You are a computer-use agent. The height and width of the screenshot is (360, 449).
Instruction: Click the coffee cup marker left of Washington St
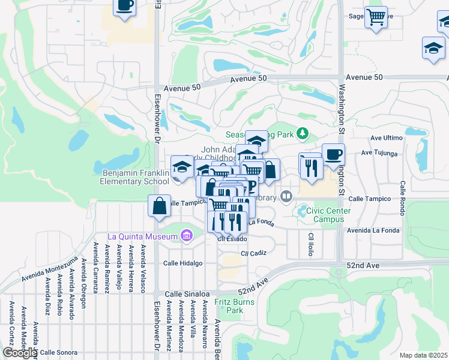click(x=333, y=154)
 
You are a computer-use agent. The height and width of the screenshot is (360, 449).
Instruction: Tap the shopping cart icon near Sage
click(x=376, y=17)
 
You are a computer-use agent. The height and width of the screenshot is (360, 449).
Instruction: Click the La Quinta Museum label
click(x=142, y=236)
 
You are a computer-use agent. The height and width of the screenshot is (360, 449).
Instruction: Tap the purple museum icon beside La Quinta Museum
click(x=186, y=236)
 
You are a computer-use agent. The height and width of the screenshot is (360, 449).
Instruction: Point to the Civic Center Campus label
click(x=325, y=215)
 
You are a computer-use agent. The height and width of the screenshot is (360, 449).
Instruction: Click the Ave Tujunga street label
click(x=379, y=154)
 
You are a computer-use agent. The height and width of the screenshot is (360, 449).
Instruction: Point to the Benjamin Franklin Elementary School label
click(x=131, y=177)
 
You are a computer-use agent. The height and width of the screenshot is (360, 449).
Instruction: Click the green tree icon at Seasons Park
click(x=304, y=133)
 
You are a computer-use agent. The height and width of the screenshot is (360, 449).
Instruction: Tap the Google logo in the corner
click(x=19, y=353)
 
